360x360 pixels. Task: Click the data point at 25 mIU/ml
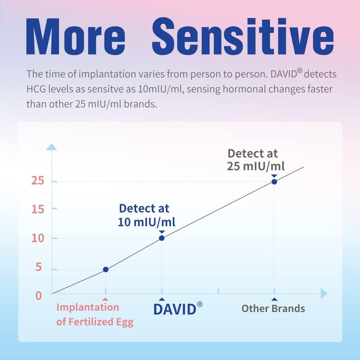[274, 181]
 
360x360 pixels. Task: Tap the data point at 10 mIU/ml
[162, 238]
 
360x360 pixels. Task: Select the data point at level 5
[106, 270]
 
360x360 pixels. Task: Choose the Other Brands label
[273, 309]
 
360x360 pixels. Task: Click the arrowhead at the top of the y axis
[52, 147]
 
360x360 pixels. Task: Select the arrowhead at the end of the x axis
[324, 294]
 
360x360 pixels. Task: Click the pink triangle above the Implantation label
[105, 299]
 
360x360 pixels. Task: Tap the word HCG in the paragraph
[35, 89]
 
